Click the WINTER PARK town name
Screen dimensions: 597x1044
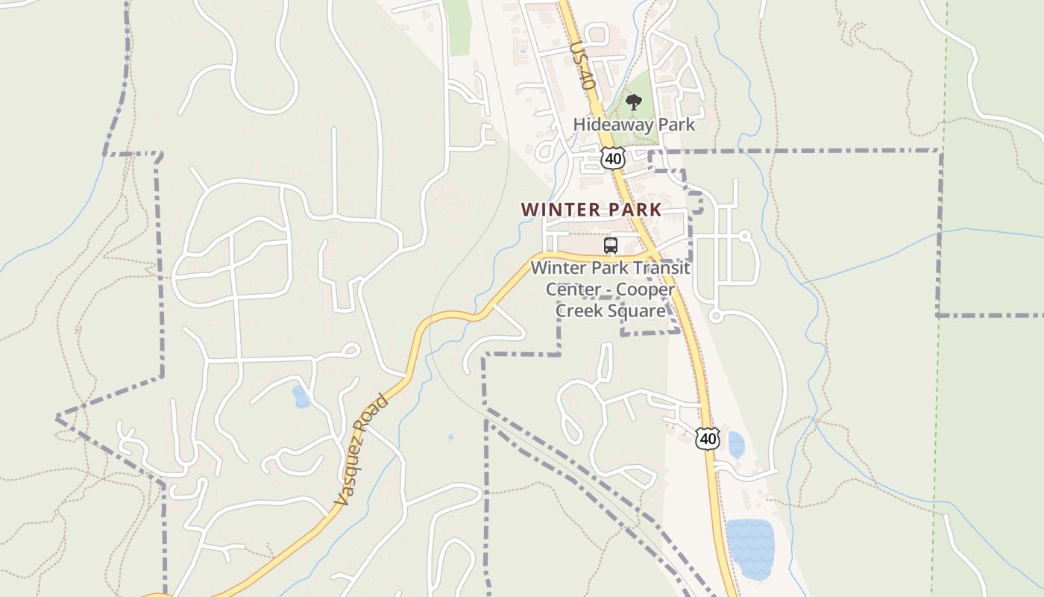(591, 210)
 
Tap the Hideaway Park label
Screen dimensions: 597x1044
(634, 125)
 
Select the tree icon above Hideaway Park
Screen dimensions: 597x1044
(633, 102)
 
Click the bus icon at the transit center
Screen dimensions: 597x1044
(611, 245)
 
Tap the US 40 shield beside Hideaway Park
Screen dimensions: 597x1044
(612, 158)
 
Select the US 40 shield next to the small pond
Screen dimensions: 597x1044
(707, 439)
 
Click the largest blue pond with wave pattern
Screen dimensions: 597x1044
(749, 548)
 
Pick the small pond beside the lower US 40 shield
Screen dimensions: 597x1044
(736, 445)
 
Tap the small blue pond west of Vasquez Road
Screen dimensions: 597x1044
(301, 397)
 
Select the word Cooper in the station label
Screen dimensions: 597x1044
(646, 290)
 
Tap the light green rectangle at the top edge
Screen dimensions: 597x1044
(459, 26)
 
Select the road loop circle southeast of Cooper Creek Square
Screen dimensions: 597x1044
(716, 316)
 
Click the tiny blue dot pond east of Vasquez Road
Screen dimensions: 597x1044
(450, 437)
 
